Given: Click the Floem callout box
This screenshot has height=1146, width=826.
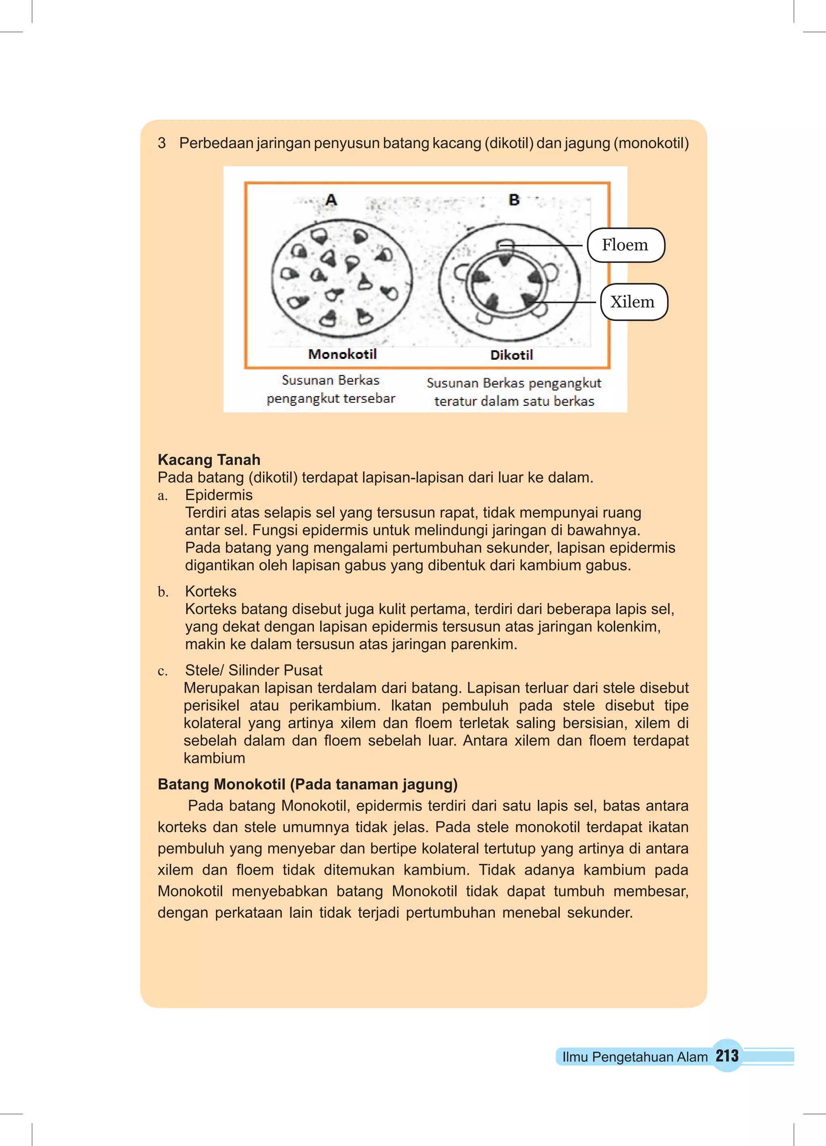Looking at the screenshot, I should (625, 245).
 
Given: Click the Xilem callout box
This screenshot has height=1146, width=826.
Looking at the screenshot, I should (633, 302).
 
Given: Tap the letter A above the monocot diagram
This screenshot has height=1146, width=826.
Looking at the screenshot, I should (331, 200).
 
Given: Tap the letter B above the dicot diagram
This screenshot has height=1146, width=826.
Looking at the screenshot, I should (513, 200).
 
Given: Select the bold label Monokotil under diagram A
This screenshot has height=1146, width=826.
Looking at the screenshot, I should (342, 354).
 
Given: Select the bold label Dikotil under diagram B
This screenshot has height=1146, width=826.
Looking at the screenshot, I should (511, 355).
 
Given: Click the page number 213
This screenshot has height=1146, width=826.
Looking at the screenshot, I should (727, 1056).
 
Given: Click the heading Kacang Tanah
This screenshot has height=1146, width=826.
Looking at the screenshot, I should (209, 459).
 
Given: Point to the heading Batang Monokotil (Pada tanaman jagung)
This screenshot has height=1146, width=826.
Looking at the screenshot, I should (307, 784).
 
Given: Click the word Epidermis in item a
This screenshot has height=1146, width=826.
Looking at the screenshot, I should (218, 495).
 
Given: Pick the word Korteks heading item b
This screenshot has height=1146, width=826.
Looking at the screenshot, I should (210, 591).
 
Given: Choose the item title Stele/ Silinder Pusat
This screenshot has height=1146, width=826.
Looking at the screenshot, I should (253, 670).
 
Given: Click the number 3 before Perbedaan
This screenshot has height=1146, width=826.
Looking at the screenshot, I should (162, 143).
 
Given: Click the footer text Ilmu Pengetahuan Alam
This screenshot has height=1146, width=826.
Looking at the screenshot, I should (634, 1056).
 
